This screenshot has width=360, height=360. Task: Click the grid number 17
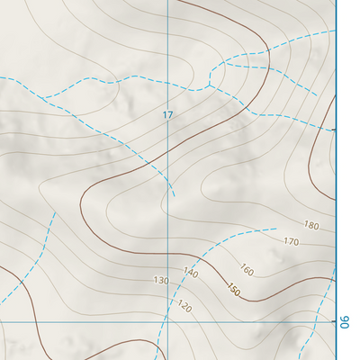pyautogui.click(x=167, y=115)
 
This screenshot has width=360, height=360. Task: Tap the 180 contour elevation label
pyautogui.click(x=312, y=225)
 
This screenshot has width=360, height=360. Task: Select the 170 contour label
pyautogui.click(x=291, y=241)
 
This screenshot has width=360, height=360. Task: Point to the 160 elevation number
pyautogui.click(x=247, y=269)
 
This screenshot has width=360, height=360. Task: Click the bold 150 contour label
pyautogui.click(x=233, y=291)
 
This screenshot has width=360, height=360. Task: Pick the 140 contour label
pyautogui.click(x=190, y=272)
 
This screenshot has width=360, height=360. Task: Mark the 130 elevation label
pyautogui.click(x=161, y=281)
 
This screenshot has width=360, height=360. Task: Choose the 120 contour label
pyautogui.click(x=185, y=306)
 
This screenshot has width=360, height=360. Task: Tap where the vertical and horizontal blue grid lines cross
pyautogui.click(x=167, y=320)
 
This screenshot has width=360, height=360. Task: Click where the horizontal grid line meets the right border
pyautogui.click(x=336, y=320)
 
